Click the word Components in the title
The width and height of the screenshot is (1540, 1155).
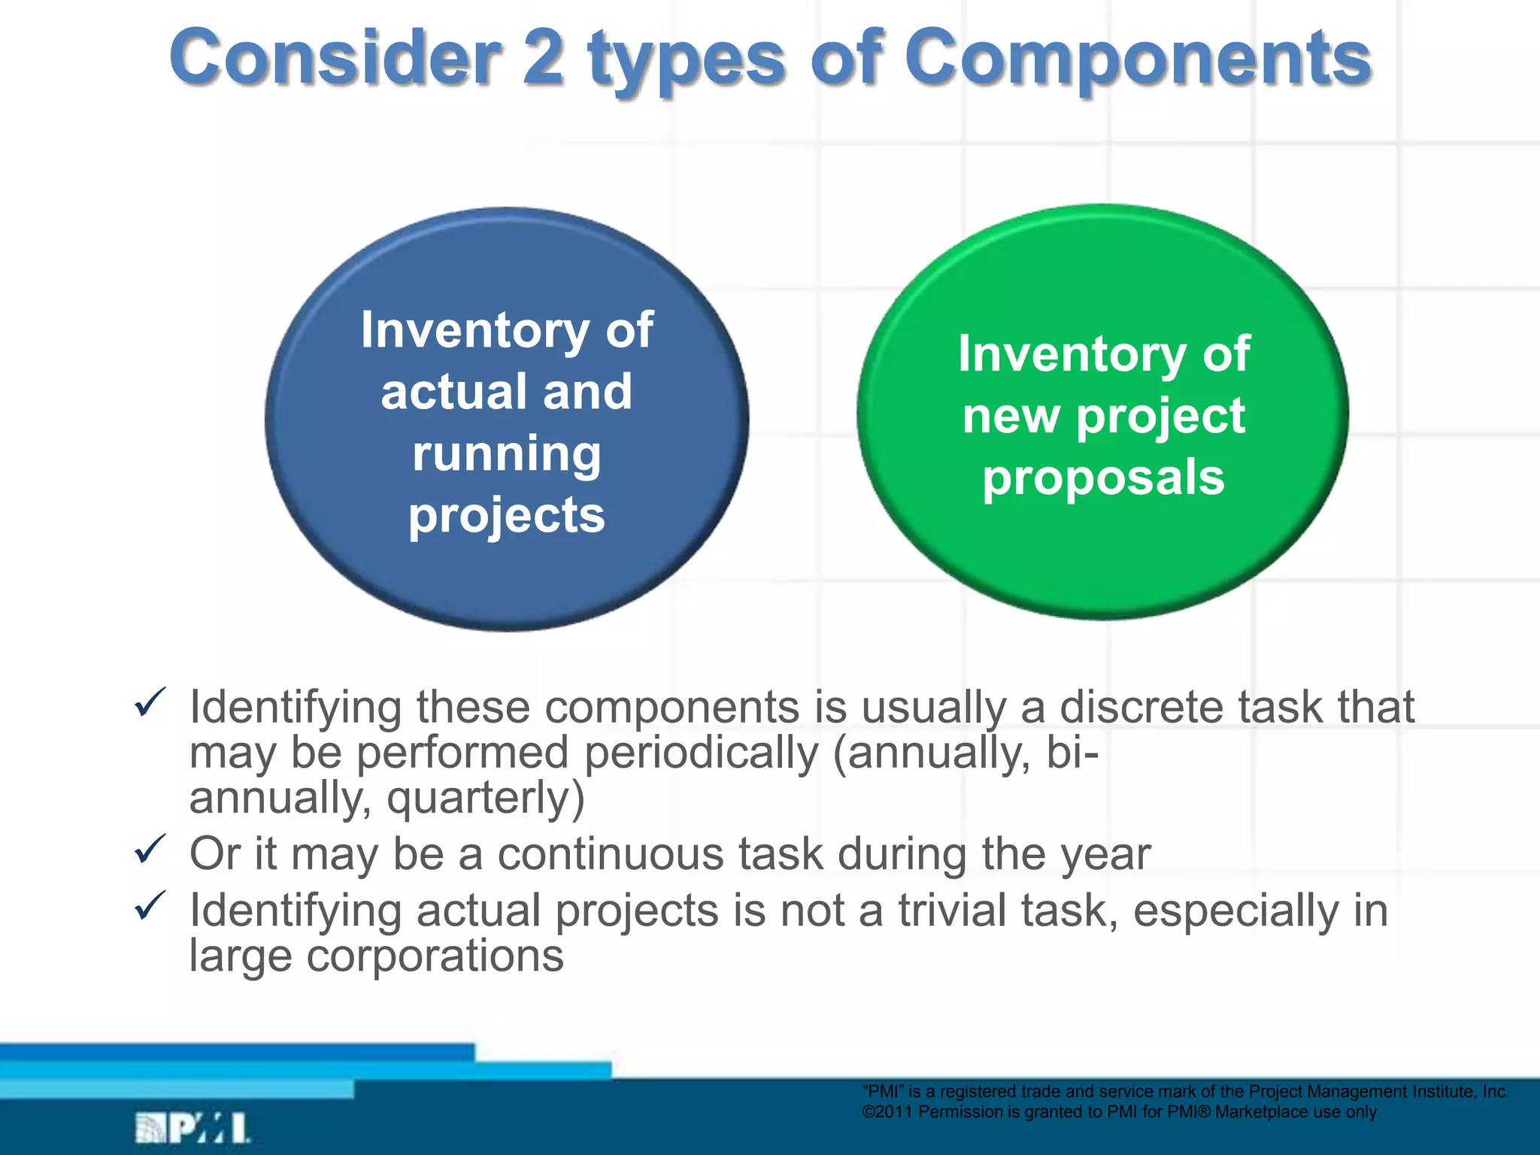pyautogui.click(x=1138, y=59)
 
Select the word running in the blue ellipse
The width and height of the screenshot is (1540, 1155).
pyautogui.click(x=507, y=454)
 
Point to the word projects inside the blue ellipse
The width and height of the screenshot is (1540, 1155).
pyautogui.click(x=507, y=517)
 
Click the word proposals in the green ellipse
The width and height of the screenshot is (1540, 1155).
pyautogui.click(x=1103, y=479)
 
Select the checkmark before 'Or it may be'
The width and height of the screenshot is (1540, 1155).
pyautogui.click(x=150, y=850)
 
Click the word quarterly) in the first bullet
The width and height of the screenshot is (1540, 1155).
pyautogui.click(x=485, y=799)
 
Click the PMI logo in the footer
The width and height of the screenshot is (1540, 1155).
pyautogui.click(x=192, y=1128)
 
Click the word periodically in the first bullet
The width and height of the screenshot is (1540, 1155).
pyautogui.click(x=701, y=753)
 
